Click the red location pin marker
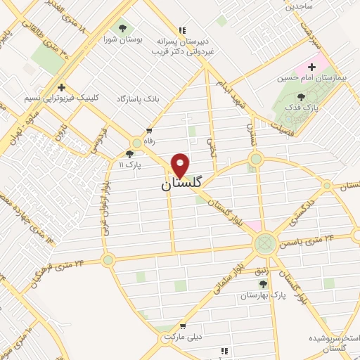click(181, 165)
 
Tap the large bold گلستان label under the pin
click(181, 184)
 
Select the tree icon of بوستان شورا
click(123, 28)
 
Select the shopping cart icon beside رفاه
click(149, 131)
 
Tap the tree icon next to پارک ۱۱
click(129, 154)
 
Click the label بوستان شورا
click(123, 40)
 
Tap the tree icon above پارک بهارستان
click(264, 284)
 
